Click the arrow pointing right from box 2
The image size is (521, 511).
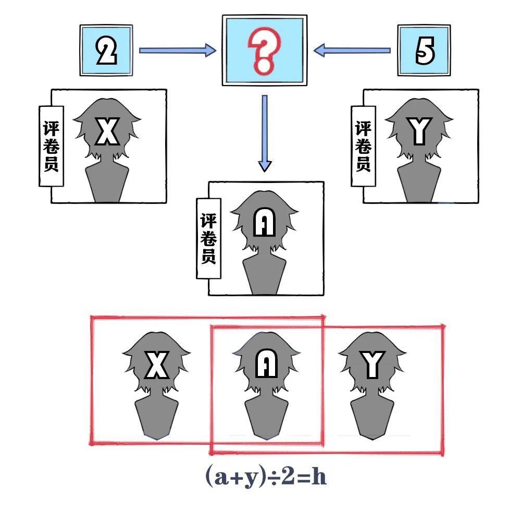(177, 51)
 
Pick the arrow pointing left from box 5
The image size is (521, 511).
(352, 51)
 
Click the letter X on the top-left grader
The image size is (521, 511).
(108, 131)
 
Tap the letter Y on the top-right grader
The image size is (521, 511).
(419, 131)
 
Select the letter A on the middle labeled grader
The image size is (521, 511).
(264, 223)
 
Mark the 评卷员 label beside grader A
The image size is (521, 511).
(208, 238)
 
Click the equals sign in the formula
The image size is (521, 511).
(302, 478)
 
